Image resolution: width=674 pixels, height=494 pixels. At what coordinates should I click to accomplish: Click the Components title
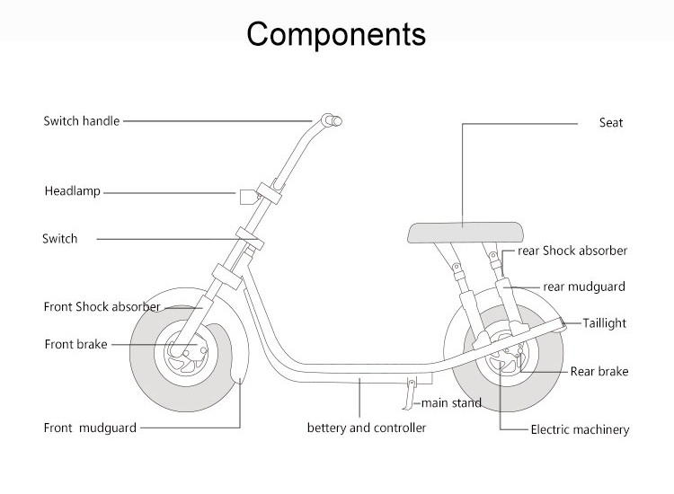pos(336,34)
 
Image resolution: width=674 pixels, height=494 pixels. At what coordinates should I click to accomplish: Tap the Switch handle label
pos(81,120)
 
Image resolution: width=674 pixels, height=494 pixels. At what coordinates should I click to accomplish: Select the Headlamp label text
pos(72,191)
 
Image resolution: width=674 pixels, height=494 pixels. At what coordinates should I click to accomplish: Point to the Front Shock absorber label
pos(102,306)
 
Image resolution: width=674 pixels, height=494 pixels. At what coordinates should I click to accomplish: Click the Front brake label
pos(75,344)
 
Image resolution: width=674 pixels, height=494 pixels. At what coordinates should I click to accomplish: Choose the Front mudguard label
pos(90,428)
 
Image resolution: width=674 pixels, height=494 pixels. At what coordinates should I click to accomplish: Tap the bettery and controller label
pos(367,428)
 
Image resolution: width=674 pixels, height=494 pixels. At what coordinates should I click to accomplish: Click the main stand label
pos(451,403)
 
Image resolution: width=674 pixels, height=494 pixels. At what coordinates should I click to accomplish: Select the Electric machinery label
pos(580,429)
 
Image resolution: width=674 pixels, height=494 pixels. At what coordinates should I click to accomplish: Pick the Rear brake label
pos(599,371)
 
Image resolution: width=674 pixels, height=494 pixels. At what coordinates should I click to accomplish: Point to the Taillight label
pos(605,323)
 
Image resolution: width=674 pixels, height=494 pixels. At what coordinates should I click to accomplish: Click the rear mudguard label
pos(584,287)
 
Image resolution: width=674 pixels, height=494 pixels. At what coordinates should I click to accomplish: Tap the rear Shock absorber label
pos(572,251)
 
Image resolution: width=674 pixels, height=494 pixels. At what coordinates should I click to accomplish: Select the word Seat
pos(611,122)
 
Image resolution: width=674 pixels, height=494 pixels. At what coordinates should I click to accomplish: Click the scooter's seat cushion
pos(466,233)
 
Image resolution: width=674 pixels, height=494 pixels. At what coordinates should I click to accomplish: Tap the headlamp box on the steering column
pos(248,197)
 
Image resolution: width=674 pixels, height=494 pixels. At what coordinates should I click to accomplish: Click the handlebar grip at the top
pos(332,119)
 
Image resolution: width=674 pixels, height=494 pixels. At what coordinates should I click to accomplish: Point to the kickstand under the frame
pos(411,393)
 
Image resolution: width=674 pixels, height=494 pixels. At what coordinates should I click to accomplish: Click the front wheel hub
pos(186,353)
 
